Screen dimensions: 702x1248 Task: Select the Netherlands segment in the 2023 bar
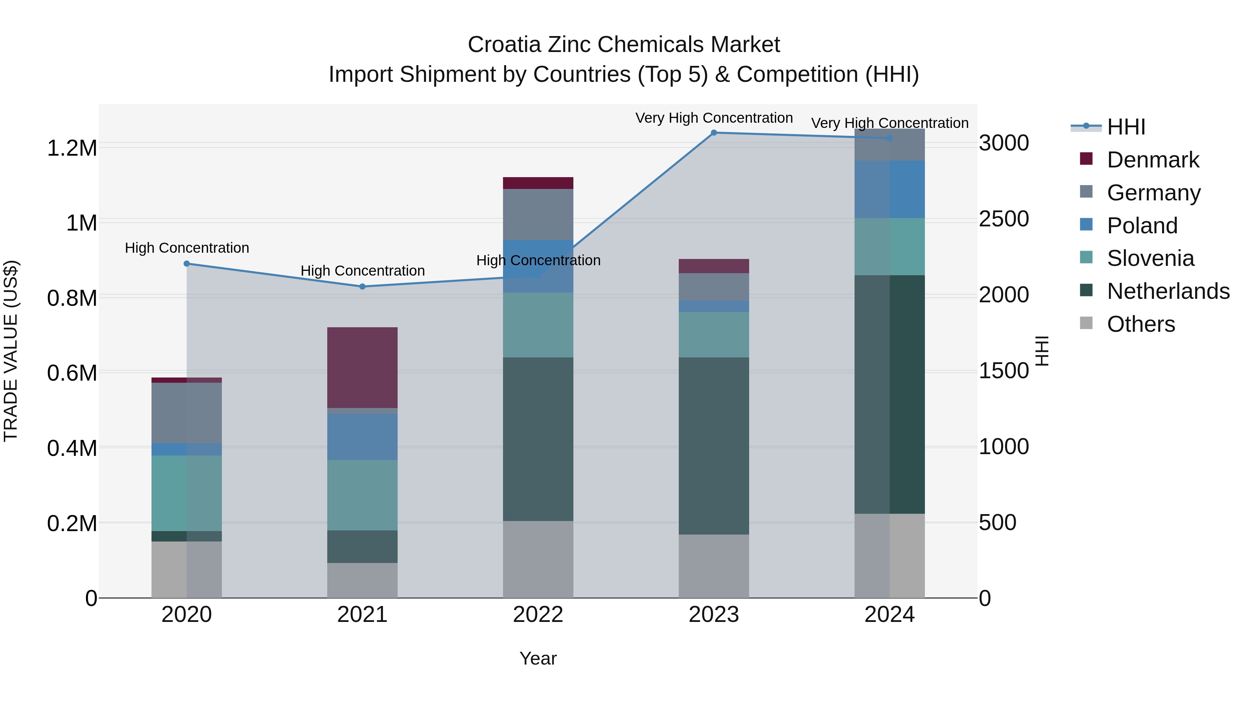click(714, 446)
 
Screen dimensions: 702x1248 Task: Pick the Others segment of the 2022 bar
click(538, 559)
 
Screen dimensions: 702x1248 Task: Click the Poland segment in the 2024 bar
click(890, 189)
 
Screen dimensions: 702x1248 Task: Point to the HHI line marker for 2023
click(714, 133)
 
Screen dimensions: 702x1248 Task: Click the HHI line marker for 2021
click(362, 286)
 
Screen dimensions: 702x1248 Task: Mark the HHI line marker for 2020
click(187, 263)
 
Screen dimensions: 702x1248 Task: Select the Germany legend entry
click(1153, 193)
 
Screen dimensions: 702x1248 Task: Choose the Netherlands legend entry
click(1168, 291)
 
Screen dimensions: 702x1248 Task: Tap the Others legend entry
click(1141, 324)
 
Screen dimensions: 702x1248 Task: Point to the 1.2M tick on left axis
click(72, 148)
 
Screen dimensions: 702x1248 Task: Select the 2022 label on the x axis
click(538, 615)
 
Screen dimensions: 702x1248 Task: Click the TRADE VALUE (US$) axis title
click(11, 351)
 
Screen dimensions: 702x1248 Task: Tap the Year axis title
click(538, 658)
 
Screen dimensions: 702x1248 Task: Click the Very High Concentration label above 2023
click(714, 118)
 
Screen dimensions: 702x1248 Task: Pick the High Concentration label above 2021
click(362, 270)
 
